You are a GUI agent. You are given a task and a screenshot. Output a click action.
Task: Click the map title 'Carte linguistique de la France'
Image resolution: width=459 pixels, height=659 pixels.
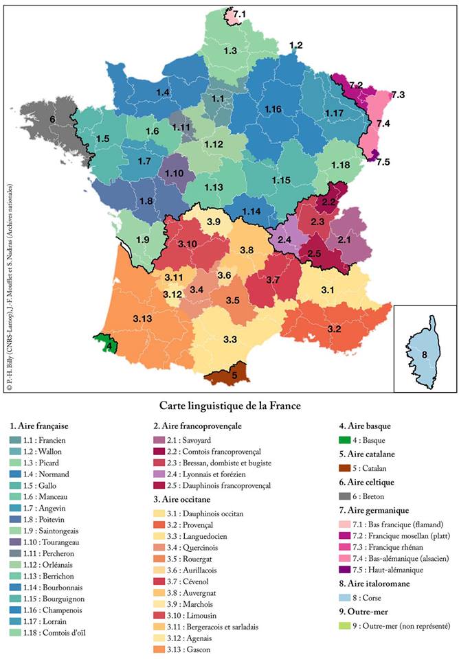[x=229, y=405]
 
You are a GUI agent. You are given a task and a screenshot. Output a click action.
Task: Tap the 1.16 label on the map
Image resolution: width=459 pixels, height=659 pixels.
[x=273, y=110]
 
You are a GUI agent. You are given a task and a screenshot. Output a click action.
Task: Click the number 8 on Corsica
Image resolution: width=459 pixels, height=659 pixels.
[x=424, y=354]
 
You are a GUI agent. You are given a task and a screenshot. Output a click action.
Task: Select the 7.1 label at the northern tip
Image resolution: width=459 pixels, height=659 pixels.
[x=240, y=14]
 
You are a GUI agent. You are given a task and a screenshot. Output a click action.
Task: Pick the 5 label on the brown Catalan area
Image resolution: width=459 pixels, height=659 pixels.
[x=234, y=375]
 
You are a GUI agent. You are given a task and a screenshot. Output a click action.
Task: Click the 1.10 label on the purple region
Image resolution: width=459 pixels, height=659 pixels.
[x=174, y=174]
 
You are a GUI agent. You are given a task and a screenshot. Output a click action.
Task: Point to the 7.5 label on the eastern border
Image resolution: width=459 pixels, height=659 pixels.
[x=383, y=162]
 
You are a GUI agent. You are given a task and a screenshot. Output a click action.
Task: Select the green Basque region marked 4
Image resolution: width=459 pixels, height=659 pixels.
[x=104, y=344]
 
